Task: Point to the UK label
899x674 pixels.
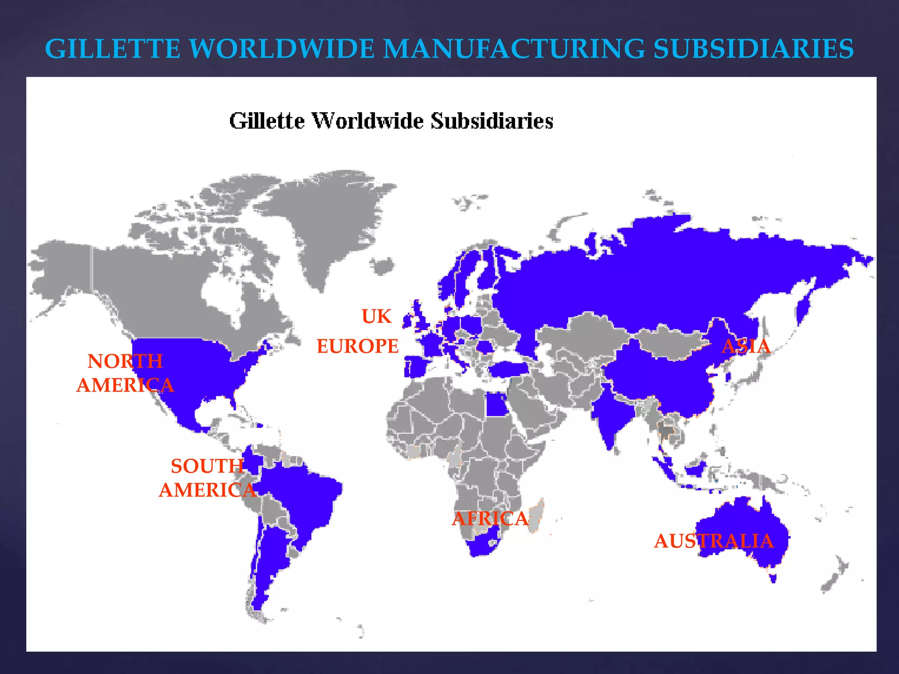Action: coord(376,316)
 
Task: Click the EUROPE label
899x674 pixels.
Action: coord(357,346)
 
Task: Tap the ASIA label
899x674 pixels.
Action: coord(746,346)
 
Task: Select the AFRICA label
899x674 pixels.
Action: coord(490,519)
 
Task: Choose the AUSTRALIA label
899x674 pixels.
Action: coord(714,541)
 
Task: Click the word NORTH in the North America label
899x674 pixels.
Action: coord(125,362)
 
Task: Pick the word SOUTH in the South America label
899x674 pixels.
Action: coord(207,466)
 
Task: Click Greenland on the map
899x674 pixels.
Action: coord(325,219)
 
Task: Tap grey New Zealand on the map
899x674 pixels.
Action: coord(834,575)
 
